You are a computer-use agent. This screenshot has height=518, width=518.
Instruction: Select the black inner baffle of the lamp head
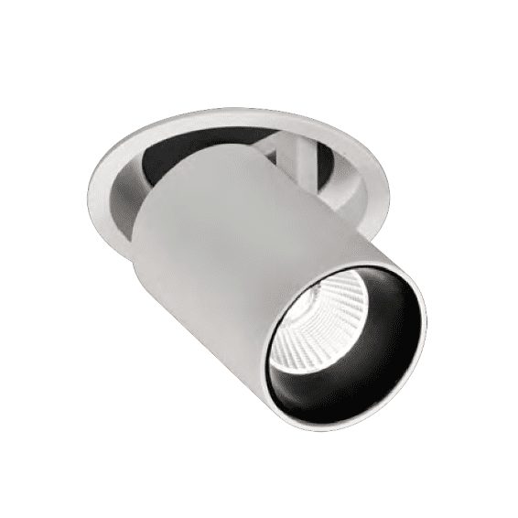click(384, 302)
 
